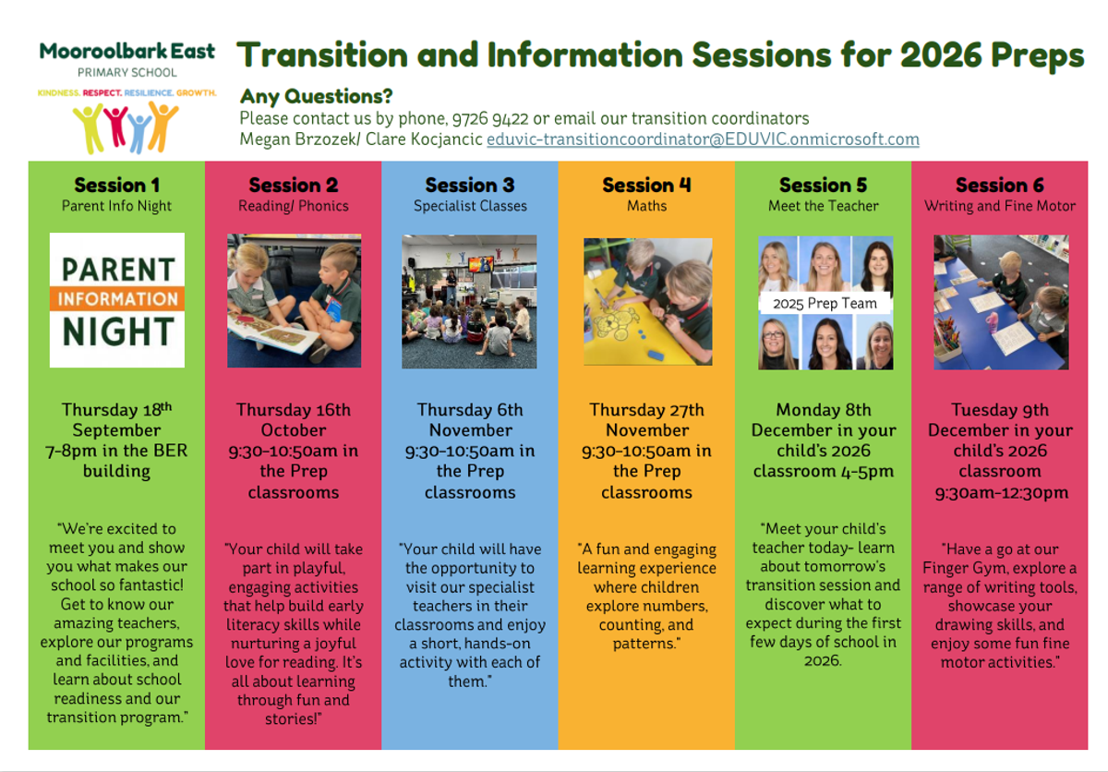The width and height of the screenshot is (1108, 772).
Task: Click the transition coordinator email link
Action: point(703,139)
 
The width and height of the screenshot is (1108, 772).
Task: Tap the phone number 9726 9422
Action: point(490,119)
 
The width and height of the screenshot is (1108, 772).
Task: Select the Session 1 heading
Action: point(116,185)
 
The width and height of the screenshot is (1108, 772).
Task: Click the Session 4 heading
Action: point(646,185)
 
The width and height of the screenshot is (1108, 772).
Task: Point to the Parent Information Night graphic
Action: point(116,300)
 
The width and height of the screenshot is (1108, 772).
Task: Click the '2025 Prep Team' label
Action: point(825,303)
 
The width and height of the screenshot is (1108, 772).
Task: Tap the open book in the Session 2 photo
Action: point(273,333)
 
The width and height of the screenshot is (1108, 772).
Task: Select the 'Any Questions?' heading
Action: point(316,96)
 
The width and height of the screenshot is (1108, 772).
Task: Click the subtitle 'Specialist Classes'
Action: point(470,206)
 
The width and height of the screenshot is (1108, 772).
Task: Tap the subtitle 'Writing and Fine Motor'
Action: point(1000,206)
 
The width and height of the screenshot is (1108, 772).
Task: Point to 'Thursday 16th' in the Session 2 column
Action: point(294,410)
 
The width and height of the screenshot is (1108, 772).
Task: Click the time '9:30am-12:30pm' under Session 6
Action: point(1001,492)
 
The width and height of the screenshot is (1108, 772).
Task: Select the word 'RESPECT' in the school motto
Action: point(102,92)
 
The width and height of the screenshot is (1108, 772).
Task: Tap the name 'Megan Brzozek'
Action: point(296,139)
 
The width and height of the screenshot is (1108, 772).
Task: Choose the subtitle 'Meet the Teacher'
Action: point(823,206)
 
